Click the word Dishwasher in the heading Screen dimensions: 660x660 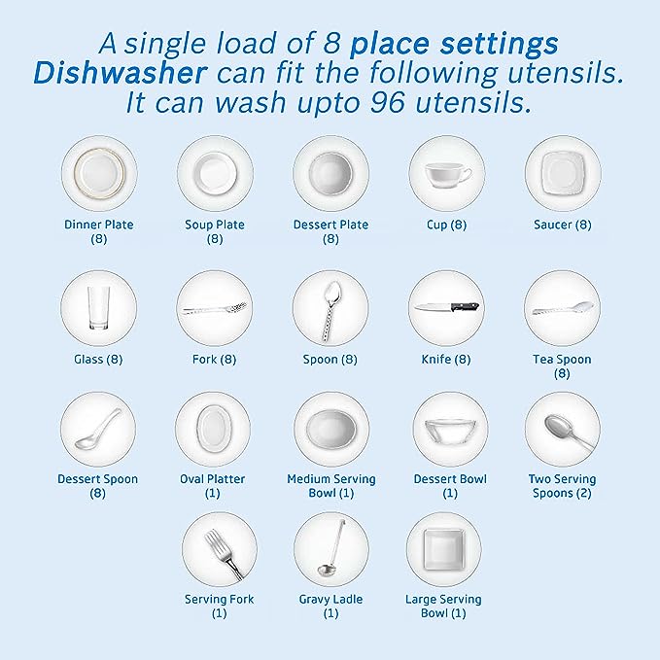point(120,73)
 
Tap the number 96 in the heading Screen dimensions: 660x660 point(388,102)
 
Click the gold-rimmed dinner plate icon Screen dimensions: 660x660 point(99,173)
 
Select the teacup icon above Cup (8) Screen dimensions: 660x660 point(448,175)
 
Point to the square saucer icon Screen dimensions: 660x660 point(563,173)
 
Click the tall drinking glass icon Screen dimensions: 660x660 point(98,308)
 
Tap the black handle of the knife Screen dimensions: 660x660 point(465,306)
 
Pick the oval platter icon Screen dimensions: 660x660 point(214,429)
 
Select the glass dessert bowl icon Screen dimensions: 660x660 point(450,431)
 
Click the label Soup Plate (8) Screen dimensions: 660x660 point(215,231)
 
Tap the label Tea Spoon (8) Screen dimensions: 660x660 point(562,366)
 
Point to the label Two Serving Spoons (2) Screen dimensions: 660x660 point(562,486)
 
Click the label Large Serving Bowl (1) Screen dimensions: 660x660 point(443,606)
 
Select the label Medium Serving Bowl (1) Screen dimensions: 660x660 point(331,486)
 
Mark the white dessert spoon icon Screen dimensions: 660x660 point(97,431)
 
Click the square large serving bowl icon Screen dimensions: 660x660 point(443,550)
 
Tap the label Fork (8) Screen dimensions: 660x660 point(214,359)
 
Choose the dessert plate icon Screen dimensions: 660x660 point(330,173)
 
